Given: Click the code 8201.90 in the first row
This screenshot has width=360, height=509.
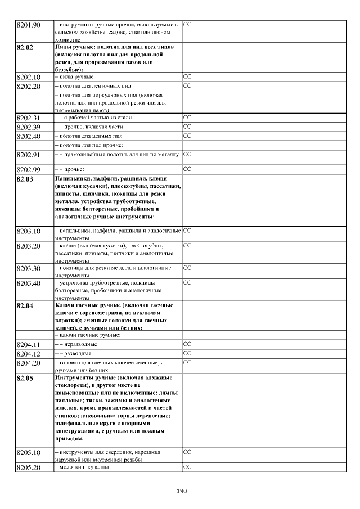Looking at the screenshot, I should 29,25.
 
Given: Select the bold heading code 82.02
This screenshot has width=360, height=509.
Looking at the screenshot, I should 25,48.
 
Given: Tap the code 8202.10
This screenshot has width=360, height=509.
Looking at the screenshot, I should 29,76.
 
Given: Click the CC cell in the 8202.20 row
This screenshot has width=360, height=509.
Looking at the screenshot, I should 188,85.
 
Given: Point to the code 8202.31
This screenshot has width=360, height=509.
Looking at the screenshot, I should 29,118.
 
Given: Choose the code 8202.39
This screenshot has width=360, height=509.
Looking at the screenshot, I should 29,127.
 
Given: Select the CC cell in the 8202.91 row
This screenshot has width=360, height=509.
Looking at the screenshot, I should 188,154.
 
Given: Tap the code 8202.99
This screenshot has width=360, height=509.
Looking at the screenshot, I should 29,169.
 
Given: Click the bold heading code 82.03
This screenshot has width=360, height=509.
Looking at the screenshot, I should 25,179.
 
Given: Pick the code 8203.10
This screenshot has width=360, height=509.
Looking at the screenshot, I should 29,231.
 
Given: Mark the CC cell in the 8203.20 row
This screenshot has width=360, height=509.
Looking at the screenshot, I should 188,246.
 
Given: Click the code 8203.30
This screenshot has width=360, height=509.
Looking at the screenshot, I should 29,268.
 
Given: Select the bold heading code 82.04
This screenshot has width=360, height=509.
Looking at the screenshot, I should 25,306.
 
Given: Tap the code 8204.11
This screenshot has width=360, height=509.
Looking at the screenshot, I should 29,344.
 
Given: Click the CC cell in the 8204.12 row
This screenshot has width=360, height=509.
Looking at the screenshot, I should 188,353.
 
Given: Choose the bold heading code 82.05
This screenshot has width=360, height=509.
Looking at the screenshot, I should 25,378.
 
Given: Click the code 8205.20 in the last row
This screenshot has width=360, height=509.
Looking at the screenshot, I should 29,468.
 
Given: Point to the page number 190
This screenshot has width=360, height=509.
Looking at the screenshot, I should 181,491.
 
